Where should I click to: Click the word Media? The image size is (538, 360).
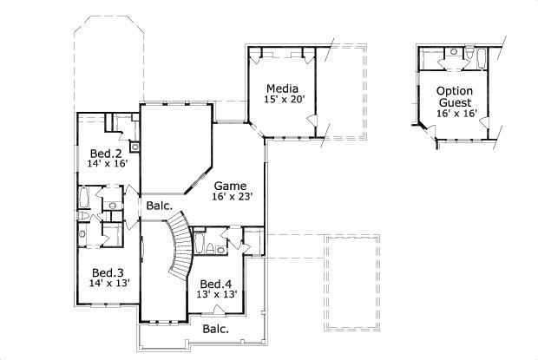(282, 88)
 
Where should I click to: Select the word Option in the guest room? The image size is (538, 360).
(454, 90)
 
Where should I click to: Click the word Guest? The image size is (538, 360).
(454, 101)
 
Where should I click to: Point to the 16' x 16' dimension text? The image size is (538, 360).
(454, 114)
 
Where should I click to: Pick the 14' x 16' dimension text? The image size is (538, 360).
(108, 164)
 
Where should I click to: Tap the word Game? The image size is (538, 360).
(230, 186)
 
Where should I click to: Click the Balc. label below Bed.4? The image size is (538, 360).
(215, 329)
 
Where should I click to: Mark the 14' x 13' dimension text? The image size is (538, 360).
(109, 283)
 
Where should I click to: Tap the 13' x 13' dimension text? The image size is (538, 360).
(218, 295)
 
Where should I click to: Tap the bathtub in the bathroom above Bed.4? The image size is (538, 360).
(199, 244)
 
